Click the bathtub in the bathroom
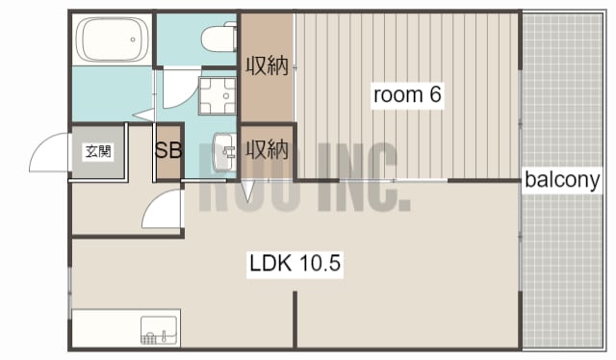click(113, 39)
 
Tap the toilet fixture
click(219, 38)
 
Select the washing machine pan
click(218, 96)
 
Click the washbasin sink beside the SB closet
click(224, 152)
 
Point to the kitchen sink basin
click(159, 330)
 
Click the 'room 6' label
click(407, 94)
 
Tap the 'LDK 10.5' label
click(295, 263)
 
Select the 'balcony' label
click(562, 180)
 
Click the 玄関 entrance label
click(98, 151)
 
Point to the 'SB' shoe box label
click(168, 150)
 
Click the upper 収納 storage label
click(268, 65)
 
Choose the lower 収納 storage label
click(268, 150)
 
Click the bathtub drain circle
click(133, 39)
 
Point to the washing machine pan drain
click(226, 96)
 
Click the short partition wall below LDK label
click(295, 320)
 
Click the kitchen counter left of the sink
click(106, 328)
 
